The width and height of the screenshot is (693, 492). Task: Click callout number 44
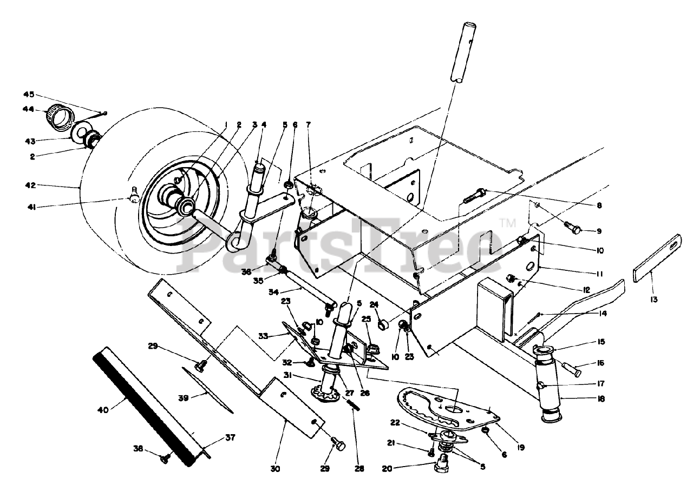[28, 109]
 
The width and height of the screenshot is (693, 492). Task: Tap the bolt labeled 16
[570, 370]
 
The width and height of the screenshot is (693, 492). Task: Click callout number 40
[103, 409]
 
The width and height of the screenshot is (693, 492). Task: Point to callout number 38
[138, 448]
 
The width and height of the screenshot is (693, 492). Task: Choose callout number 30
[275, 469]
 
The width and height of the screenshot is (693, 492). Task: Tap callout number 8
[599, 205]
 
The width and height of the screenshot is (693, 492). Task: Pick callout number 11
[600, 274]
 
